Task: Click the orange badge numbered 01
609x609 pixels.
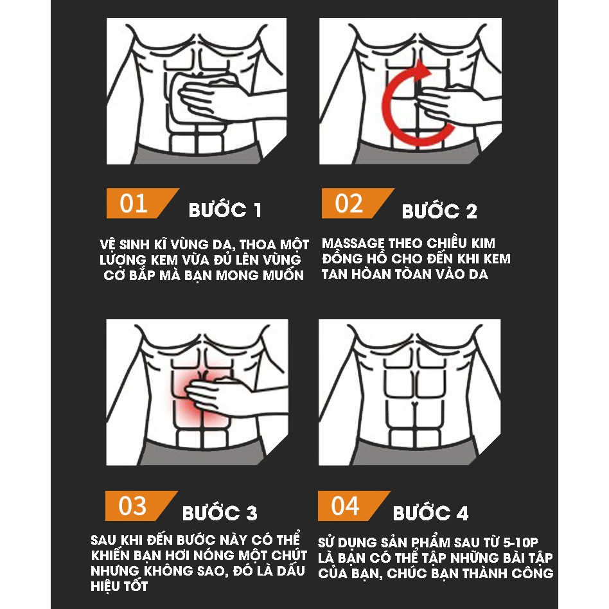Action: [140, 204]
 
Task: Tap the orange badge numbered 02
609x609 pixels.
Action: [355, 204]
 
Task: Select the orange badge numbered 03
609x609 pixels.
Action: [139, 506]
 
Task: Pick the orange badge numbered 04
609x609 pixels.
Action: [351, 506]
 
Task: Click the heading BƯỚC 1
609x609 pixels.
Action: [225, 209]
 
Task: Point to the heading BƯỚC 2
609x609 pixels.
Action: [439, 211]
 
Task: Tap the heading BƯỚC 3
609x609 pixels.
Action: [220, 512]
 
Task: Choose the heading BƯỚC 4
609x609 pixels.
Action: [430, 512]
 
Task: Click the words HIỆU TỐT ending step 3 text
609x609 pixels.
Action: [119, 586]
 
